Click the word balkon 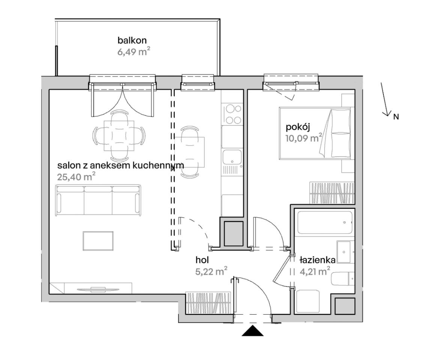coord(132,40)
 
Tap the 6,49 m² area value coord(134,52)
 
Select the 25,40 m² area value coord(76,177)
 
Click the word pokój coord(298,127)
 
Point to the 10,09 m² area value coord(304,138)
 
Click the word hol coord(202,259)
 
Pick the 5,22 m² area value coord(212,271)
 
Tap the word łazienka coord(318,260)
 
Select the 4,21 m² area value coord(315,271)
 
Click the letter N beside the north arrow coord(396,117)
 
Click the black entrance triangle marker coord(252,331)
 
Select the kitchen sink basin coord(232,157)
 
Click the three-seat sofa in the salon coord(98,201)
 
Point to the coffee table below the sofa coord(98,241)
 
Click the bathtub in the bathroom coord(325,222)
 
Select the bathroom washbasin coord(345,252)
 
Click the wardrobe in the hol coord(209,303)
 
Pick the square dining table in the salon coord(119,136)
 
